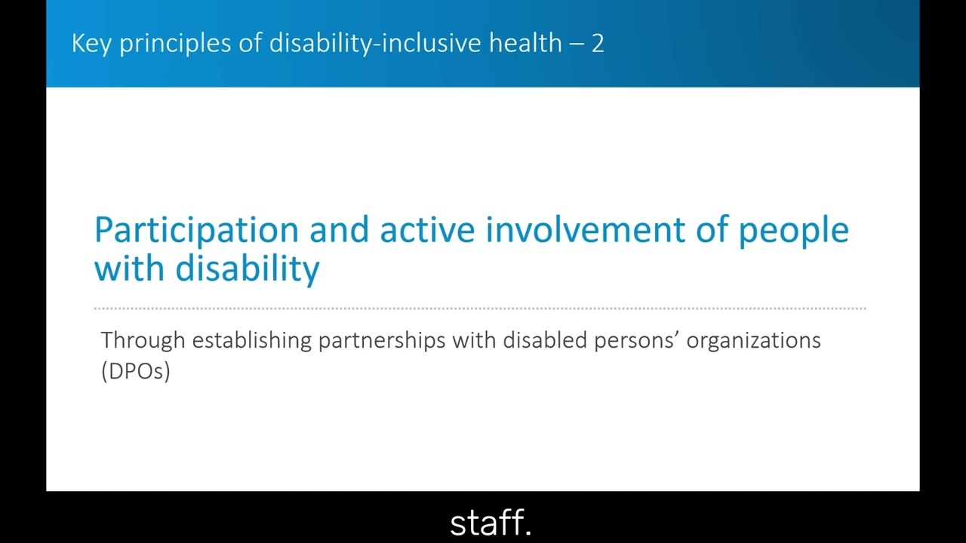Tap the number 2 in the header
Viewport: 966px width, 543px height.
click(597, 43)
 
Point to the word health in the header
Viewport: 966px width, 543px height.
click(525, 43)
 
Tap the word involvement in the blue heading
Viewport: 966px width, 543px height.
click(585, 229)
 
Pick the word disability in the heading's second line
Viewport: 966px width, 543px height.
click(248, 269)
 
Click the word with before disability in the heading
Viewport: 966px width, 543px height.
click(130, 268)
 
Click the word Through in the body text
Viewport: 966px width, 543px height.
click(143, 341)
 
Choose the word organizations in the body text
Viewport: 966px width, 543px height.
click(753, 341)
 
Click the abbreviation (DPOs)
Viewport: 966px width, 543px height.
click(136, 371)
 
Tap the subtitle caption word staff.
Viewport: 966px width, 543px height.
click(491, 523)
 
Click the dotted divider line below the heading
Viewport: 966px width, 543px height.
click(480, 308)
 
